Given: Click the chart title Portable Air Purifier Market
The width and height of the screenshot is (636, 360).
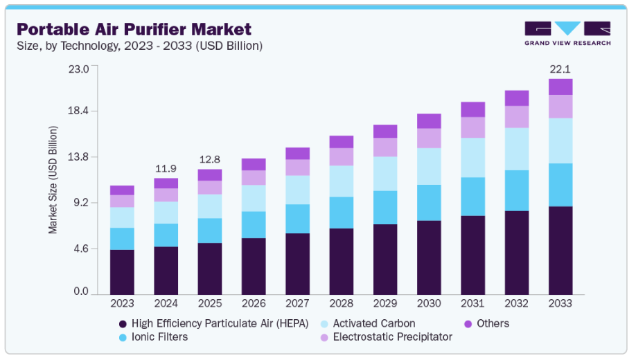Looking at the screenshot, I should [134, 29].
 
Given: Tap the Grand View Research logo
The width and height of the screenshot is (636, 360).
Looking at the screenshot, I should [567, 33].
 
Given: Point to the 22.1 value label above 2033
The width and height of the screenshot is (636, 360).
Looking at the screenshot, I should [560, 69].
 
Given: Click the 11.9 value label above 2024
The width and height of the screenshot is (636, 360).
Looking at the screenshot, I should [166, 168].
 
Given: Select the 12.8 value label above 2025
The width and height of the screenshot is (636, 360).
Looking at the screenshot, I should [209, 159].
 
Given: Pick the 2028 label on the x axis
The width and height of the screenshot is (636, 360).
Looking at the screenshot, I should [341, 303].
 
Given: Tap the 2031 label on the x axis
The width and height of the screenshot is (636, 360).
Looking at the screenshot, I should [472, 303].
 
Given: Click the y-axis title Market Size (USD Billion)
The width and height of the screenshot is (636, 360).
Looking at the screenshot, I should [53, 180].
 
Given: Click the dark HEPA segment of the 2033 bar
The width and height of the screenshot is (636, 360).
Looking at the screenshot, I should [560, 250].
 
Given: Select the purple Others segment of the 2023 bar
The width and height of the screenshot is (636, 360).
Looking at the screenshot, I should [122, 190].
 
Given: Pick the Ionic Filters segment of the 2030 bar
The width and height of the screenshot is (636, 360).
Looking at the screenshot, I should [429, 203].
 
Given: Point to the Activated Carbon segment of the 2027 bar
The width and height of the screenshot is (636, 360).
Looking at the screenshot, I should [297, 190].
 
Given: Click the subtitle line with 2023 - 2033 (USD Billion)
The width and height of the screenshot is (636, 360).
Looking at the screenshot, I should [139, 46].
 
